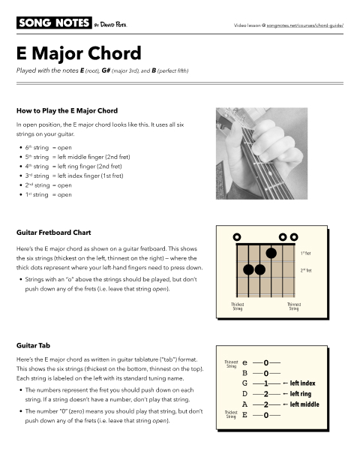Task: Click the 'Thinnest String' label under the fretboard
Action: tap(295, 306)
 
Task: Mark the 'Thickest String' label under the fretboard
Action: tap(238, 306)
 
